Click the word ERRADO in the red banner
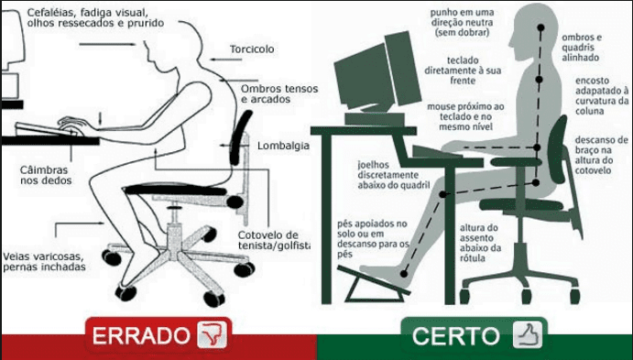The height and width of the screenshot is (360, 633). [140, 336]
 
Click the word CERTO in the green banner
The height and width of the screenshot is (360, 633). [455, 335]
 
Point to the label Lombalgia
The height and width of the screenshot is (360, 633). [282, 145]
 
